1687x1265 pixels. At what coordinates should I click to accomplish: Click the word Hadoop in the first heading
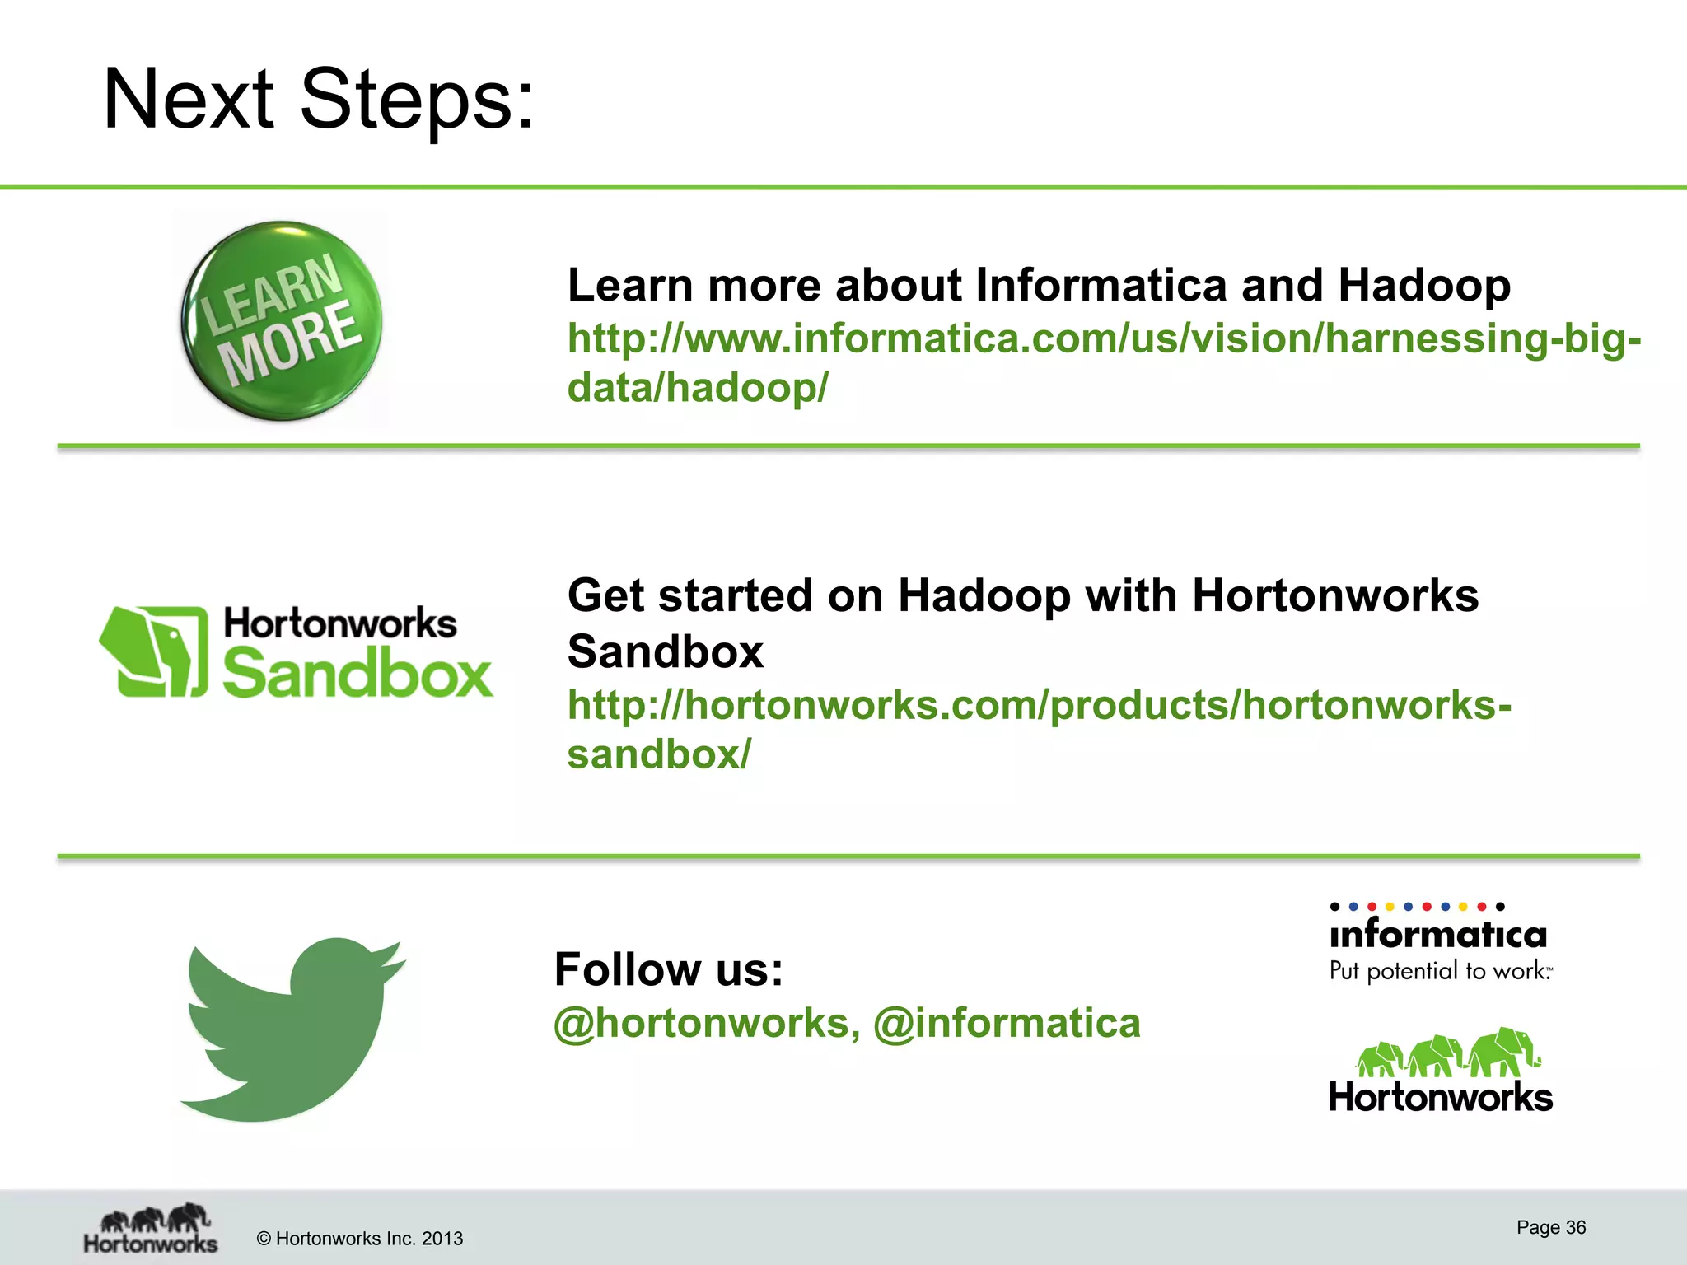coord(1423,286)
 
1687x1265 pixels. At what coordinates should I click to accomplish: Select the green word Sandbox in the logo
coord(357,674)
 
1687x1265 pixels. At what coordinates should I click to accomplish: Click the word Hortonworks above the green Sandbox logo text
coord(339,623)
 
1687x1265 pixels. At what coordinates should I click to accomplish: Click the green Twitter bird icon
coord(288,1029)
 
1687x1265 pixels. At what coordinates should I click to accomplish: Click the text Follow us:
coord(668,969)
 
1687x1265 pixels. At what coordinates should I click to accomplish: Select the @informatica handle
coord(1007,1024)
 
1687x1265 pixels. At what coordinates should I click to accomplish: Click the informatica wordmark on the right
coord(1438,935)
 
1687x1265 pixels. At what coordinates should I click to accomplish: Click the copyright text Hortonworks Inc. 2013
coord(360,1239)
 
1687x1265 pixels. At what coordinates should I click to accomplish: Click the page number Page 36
coord(1550,1228)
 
